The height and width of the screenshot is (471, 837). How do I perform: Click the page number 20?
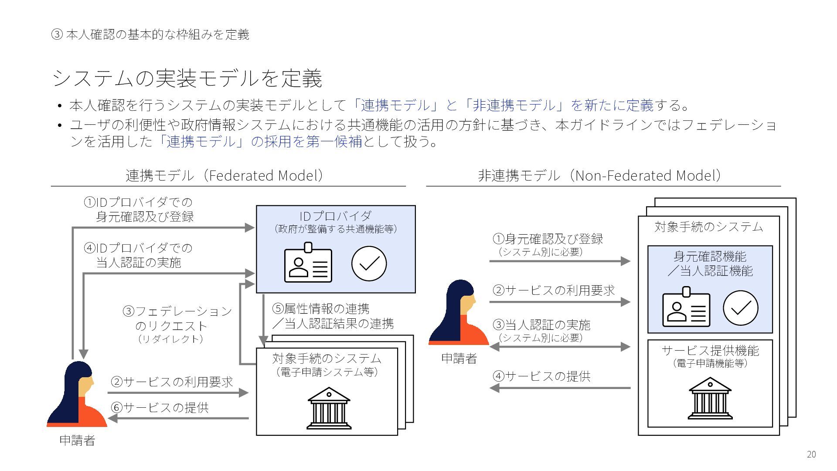(x=811, y=454)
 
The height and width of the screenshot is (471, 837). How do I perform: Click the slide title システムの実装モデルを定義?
(x=187, y=78)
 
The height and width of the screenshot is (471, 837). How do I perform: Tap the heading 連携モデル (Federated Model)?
(x=225, y=175)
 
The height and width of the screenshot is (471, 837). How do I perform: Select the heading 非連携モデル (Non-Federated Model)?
(x=599, y=175)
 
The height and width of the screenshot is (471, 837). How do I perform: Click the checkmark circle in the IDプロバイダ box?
(x=369, y=264)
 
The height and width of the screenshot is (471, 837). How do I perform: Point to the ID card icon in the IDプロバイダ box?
(x=308, y=263)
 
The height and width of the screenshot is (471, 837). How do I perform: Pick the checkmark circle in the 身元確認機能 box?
(x=740, y=308)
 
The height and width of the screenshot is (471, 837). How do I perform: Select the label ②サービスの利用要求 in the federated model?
(x=172, y=382)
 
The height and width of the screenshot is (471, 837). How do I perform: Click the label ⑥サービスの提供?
(x=160, y=408)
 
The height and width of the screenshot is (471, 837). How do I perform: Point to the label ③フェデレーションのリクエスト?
(x=177, y=319)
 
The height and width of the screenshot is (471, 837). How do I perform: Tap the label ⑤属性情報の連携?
(x=321, y=309)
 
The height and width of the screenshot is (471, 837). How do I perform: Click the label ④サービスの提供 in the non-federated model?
(x=541, y=376)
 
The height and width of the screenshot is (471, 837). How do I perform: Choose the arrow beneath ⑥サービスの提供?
(x=178, y=419)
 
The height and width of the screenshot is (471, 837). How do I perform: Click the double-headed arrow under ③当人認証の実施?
(x=560, y=347)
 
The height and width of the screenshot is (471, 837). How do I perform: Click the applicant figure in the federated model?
(x=77, y=394)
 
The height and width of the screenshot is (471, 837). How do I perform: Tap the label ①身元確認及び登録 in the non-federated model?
(x=548, y=239)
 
